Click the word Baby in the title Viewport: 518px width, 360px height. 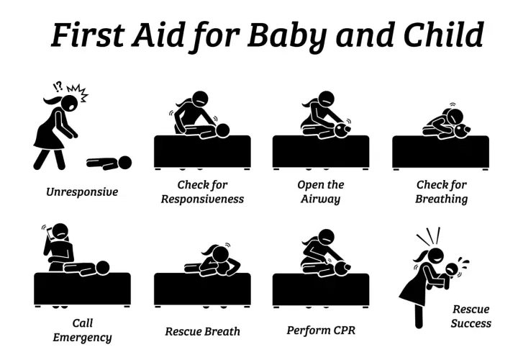point(287,35)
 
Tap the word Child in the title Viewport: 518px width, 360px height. point(444,34)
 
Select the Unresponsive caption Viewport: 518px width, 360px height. point(82,192)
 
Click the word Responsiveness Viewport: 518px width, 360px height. point(202,199)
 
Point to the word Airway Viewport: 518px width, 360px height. point(320,199)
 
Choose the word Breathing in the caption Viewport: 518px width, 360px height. point(441,199)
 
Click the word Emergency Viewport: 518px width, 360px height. point(82,338)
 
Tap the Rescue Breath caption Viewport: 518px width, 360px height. point(202,332)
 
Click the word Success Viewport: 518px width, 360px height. point(471,323)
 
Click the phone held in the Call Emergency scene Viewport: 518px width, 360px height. point(50,234)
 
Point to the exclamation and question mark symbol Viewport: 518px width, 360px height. point(58,86)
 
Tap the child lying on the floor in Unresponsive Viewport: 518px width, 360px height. point(109,163)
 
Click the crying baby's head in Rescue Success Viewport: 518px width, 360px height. point(451,269)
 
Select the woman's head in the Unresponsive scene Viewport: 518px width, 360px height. point(69,103)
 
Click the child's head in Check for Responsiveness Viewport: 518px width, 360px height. point(222,130)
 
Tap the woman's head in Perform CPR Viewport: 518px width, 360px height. point(325,238)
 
